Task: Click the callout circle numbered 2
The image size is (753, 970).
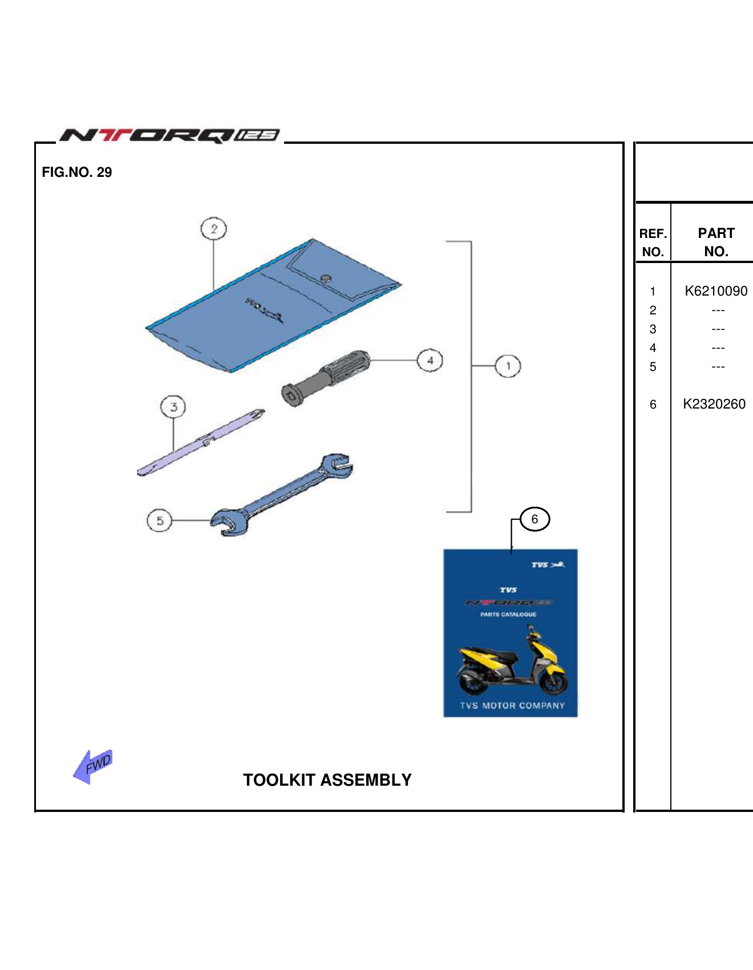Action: coord(214,229)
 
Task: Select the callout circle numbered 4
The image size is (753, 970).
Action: coord(430,361)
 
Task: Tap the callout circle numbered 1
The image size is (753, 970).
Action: coord(508,366)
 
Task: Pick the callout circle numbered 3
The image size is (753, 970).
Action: coord(173,407)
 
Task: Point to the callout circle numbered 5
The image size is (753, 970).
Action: coord(160,520)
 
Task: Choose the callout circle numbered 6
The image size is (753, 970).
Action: coord(535,519)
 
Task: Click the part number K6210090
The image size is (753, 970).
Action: coord(715,291)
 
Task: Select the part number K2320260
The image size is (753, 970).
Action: coord(714,404)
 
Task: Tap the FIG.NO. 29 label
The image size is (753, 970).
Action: coord(77,172)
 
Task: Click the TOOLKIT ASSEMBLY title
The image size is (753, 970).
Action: coord(327,780)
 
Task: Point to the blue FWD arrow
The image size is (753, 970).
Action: coord(93,766)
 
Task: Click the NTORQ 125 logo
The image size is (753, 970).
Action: coord(170,135)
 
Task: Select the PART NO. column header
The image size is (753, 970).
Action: coord(716,242)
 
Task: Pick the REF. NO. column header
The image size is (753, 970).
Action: coord(653,242)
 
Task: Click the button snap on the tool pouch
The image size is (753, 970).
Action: coord(326,278)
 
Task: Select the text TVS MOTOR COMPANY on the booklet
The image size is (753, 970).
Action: coord(512,706)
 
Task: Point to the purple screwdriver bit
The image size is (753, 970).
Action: coord(200,442)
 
